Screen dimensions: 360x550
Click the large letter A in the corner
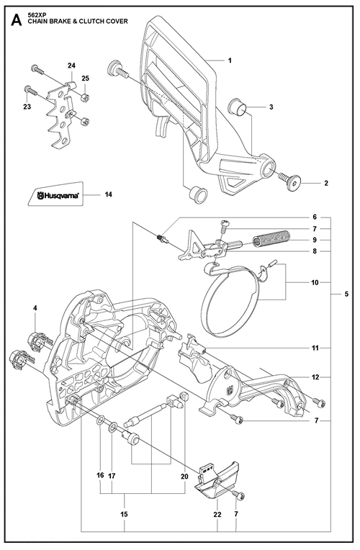(x=16, y=20)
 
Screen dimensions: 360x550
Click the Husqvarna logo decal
(x=55, y=193)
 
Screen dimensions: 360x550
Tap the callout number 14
(x=109, y=194)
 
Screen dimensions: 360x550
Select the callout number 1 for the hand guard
(x=230, y=60)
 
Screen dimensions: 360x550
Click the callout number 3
(x=271, y=107)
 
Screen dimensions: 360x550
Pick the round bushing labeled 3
(x=237, y=107)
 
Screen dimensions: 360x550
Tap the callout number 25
(x=85, y=78)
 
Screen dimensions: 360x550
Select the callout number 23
(x=27, y=107)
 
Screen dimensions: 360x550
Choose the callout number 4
(x=35, y=308)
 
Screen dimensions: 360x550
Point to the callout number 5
(x=346, y=294)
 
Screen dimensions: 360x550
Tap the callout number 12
(x=315, y=377)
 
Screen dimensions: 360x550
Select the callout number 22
(x=217, y=514)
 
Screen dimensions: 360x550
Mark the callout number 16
(x=100, y=475)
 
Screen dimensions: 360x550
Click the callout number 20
(x=184, y=477)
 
